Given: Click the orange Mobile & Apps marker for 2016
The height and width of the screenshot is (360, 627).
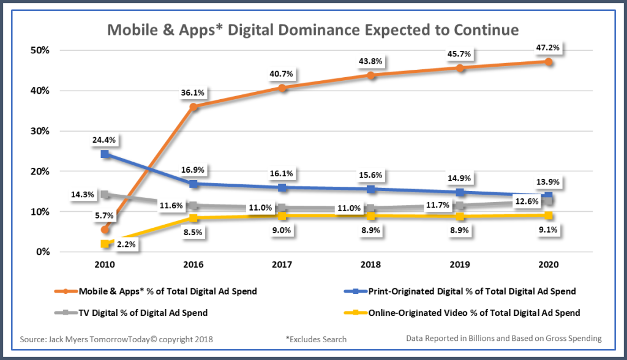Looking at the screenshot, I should (193, 107).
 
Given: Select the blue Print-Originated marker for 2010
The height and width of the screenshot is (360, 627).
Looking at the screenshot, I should (105, 154).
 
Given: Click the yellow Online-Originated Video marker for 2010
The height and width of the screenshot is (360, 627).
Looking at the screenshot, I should (105, 244).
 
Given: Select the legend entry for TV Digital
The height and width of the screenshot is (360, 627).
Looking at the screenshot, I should (131, 313).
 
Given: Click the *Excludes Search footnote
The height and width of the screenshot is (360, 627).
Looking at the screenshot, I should (316, 339).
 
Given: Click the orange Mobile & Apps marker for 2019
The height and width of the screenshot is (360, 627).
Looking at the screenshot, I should (460, 67).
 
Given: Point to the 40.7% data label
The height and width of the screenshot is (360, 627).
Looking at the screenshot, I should (281, 74).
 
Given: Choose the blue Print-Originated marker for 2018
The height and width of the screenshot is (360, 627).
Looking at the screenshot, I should (371, 189).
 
